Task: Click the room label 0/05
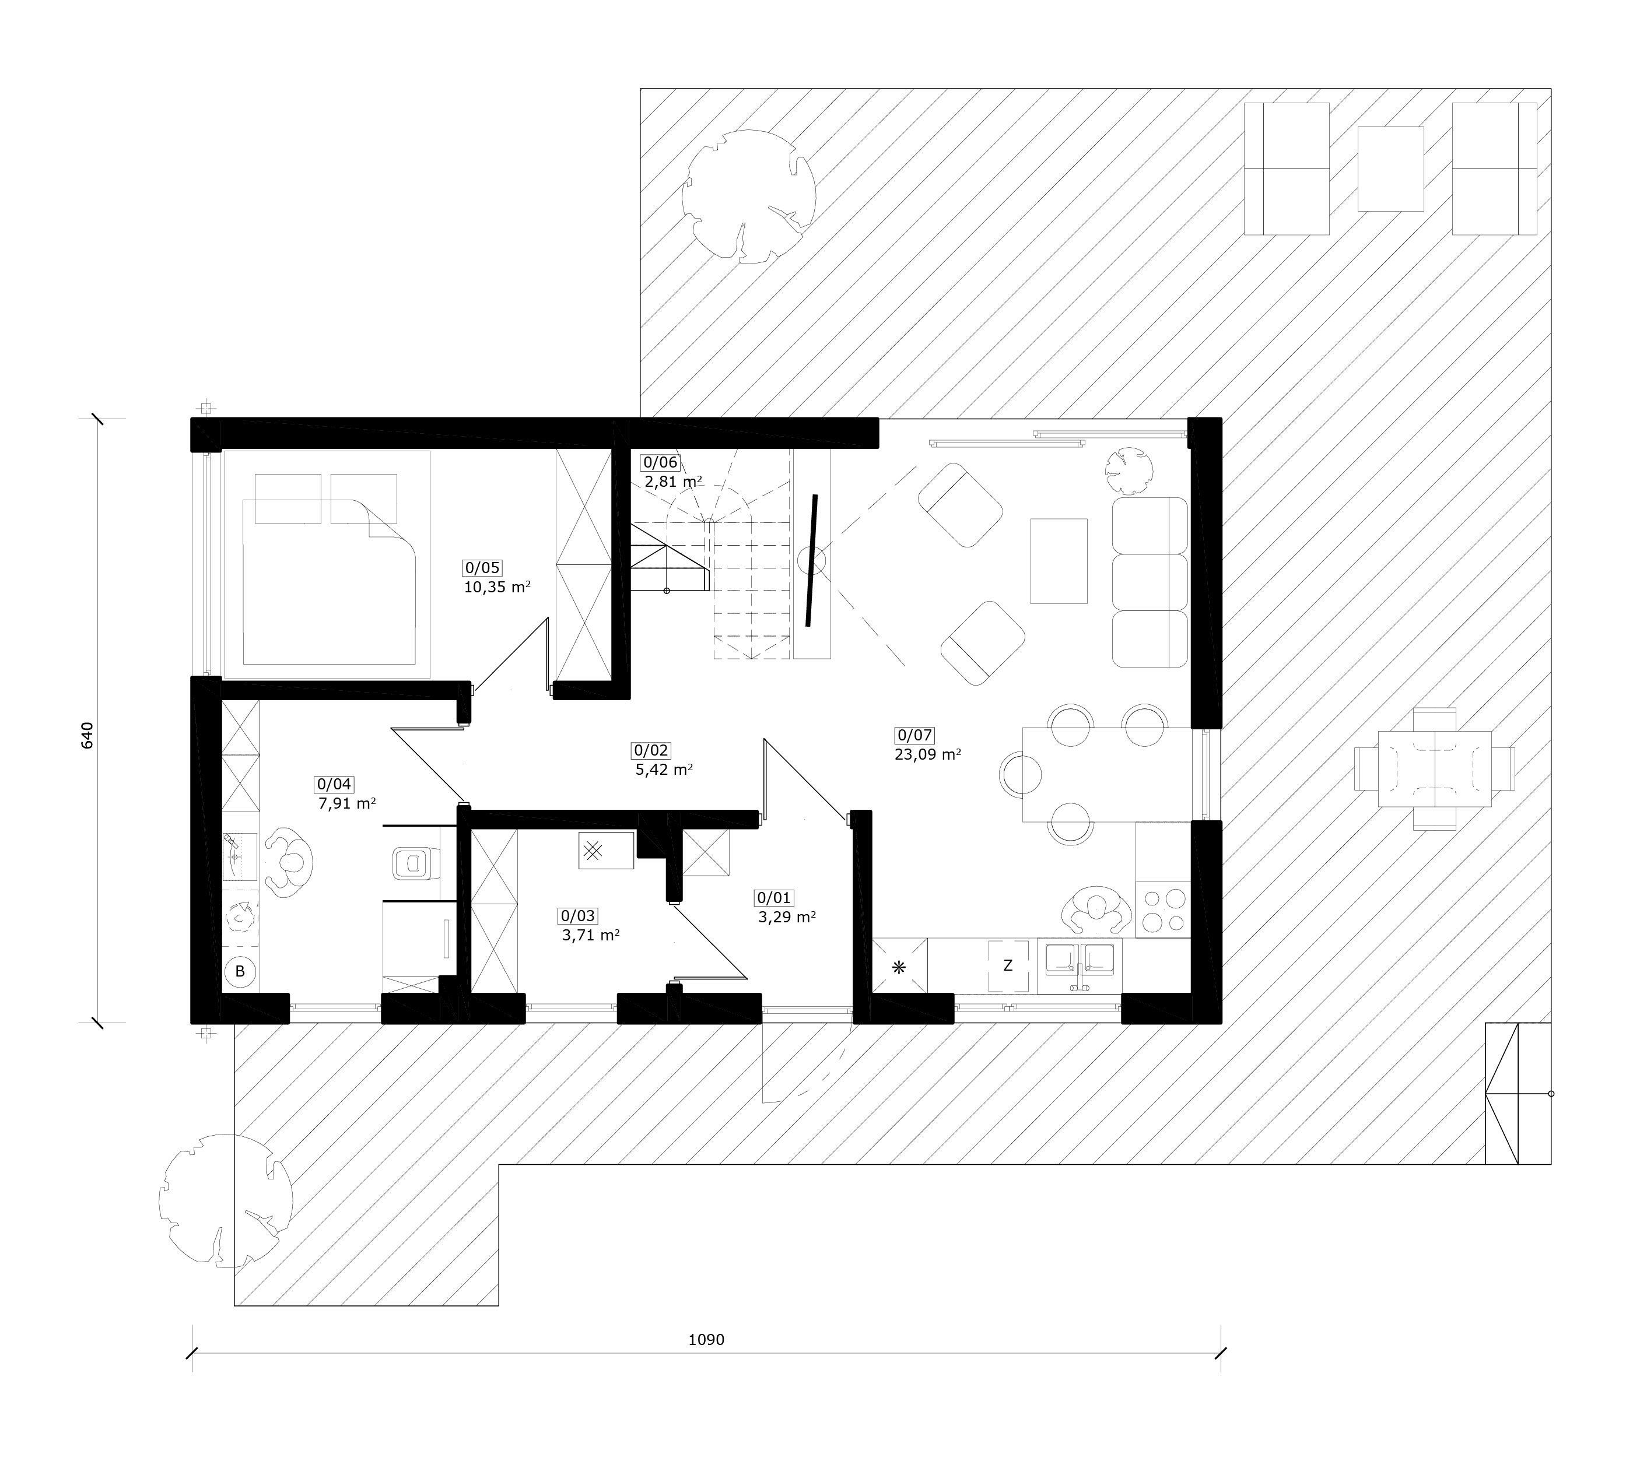pos(482,567)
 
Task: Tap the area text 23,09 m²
pos(928,754)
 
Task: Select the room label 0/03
pos(578,916)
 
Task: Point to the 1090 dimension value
pos(706,1340)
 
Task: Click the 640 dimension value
pos(87,735)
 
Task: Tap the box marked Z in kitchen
pos(1008,965)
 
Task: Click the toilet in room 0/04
pos(414,863)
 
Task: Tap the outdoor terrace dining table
pos(1435,768)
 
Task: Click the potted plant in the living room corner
pos(1128,470)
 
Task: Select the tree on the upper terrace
pos(749,196)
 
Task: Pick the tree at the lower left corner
pos(226,1201)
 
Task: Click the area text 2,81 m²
pos(673,482)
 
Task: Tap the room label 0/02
pos(651,750)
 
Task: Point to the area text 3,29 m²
pos(787,916)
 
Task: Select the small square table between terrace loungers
pos(1390,168)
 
